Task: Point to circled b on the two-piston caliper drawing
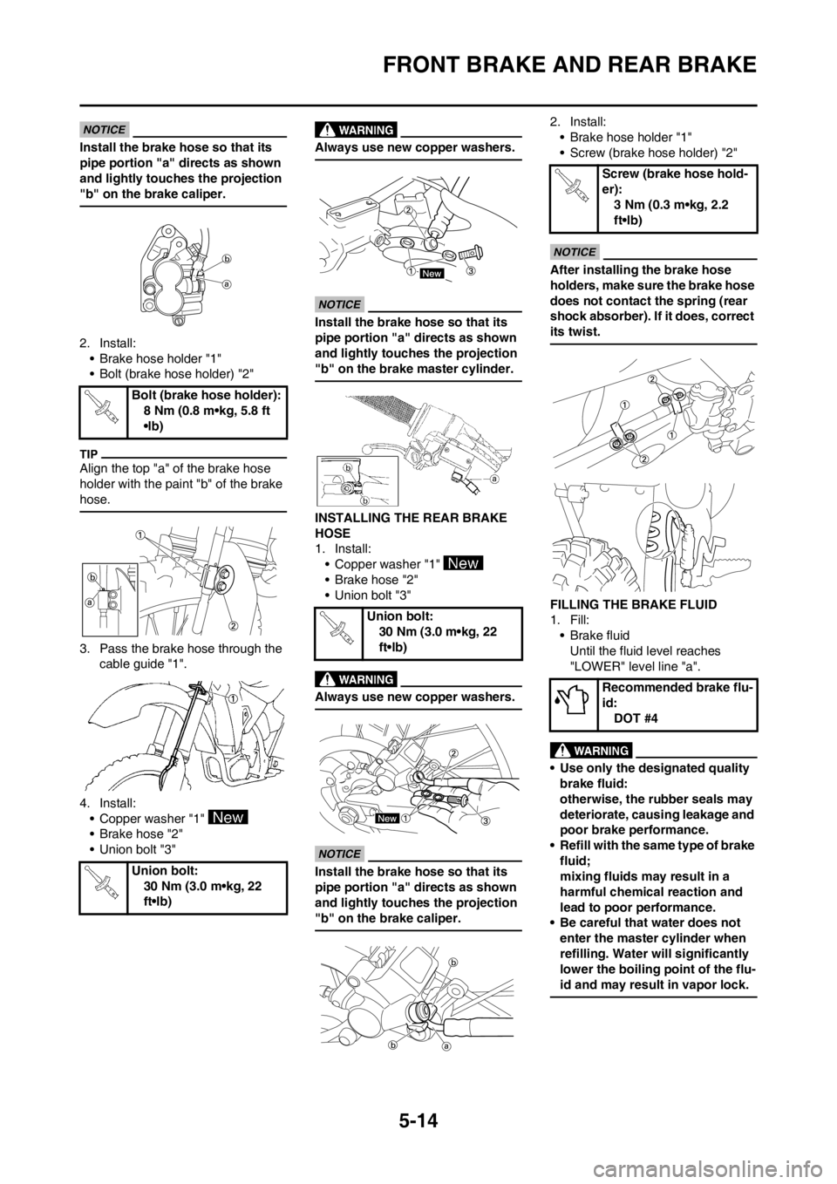click(x=227, y=259)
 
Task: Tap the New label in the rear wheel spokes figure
click(x=386, y=820)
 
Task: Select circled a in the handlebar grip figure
click(x=495, y=479)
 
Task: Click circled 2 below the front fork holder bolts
click(x=234, y=626)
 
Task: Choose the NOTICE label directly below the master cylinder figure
click(x=340, y=304)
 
